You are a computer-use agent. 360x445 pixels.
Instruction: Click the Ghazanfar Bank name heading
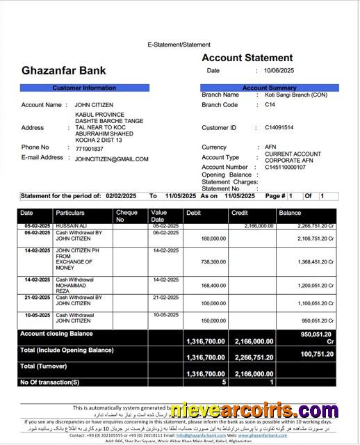[64, 70]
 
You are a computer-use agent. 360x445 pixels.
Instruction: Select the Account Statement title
[247, 58]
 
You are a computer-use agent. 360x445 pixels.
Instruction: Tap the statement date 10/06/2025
[279, 70]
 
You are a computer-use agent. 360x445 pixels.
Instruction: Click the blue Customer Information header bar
[84, 88]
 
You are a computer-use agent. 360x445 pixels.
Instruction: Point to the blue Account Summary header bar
[269, 88]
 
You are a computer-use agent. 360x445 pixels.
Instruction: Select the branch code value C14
[270, 105]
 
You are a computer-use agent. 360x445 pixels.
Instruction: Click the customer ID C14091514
[279, 128]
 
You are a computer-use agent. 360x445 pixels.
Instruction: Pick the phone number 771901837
[89, 149]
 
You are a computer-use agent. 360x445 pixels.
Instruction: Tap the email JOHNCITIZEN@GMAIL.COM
[111, 159]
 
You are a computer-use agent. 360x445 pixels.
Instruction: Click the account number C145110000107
[285, 167]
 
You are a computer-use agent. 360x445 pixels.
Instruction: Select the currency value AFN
[270, 147]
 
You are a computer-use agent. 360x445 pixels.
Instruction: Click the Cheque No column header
[126, 216]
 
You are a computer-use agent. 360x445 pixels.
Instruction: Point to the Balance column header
[290, 213]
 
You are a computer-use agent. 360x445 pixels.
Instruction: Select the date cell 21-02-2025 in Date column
[37, 297]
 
